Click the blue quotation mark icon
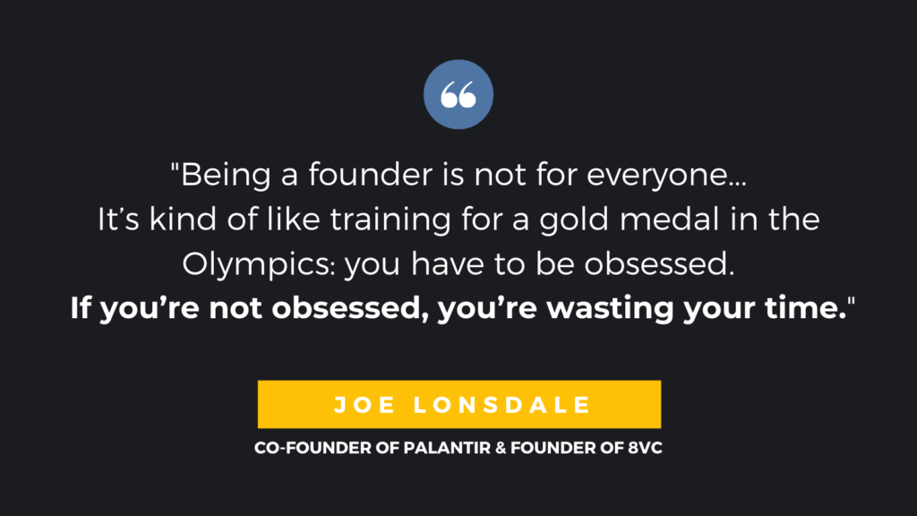pos(458,94)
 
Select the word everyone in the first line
pos(666,175)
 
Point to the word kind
pos(183,219)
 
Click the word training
pos(390,219)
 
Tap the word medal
pos(669,219)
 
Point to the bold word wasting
pos(610,308)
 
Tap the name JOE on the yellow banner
pos(364,405)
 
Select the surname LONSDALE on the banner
pos(502,405)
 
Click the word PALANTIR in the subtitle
pos(447,448)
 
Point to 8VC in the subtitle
pos(645,448)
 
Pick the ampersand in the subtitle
pos(501,448)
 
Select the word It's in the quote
pos(118,219)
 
